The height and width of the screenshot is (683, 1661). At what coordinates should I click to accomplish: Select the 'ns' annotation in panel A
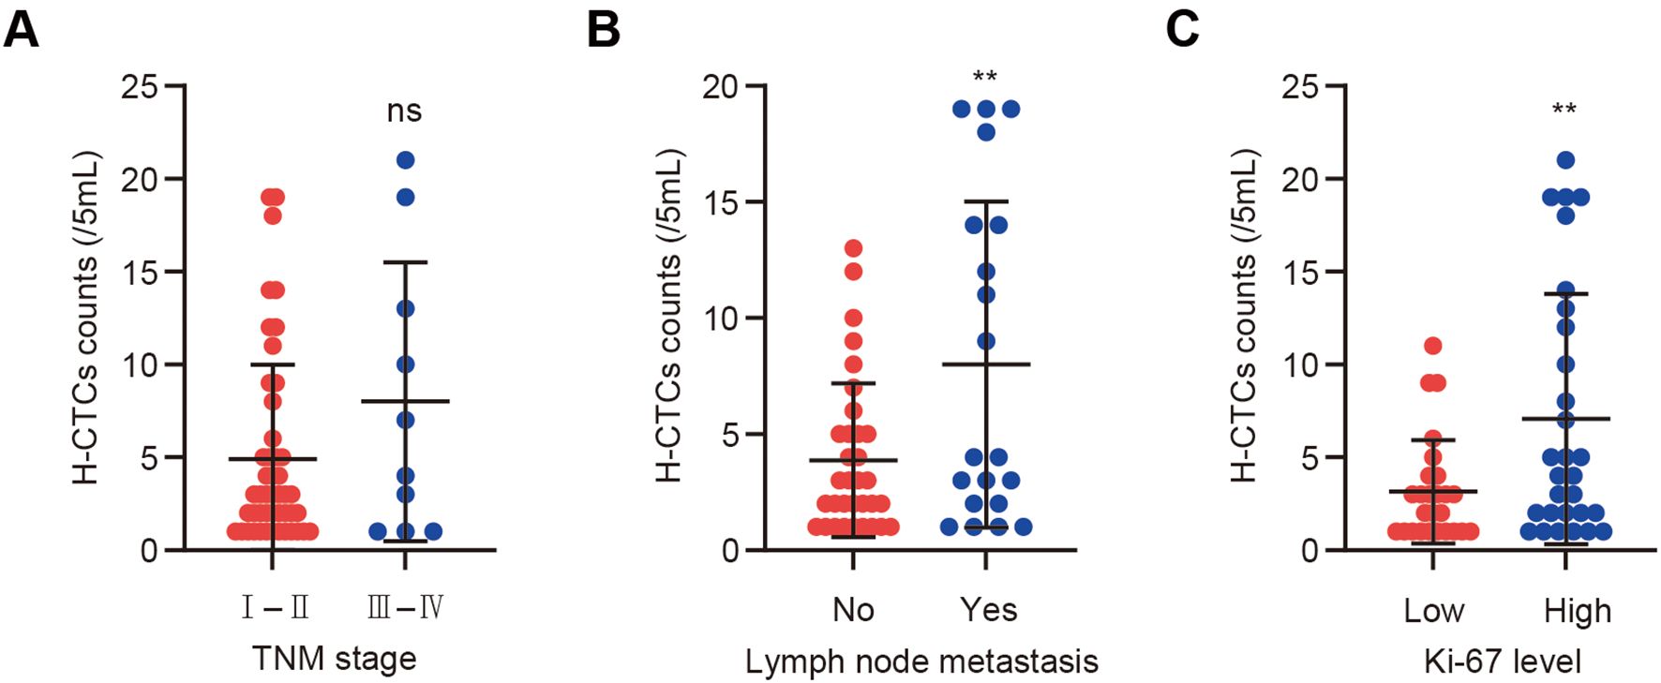click(x=404, y=111)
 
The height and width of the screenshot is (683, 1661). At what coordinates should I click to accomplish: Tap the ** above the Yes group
click(x=984, y=78)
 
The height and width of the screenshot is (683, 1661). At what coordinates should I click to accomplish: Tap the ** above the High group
click(x=1564, y=110)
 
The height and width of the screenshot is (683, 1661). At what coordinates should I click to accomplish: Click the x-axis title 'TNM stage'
click(x=334, y=658)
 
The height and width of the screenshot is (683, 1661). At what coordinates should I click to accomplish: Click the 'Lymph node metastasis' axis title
click(x=921, y=661)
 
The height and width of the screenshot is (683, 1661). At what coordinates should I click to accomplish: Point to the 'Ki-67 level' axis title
click(x=1502, y=661)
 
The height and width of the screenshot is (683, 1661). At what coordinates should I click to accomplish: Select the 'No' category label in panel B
click(x=853, y=610)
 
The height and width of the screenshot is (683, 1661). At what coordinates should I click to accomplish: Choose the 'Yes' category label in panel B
click(x=988, y=610)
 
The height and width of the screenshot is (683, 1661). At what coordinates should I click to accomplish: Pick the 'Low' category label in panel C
click(x=1433, y=611)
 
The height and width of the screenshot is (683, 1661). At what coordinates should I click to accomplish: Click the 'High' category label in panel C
click(x=1578, y=611)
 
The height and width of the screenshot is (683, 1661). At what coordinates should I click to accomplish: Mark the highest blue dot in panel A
click(x=405, y=160)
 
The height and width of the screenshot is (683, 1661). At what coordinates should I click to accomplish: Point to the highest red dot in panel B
click(x=853, y=248)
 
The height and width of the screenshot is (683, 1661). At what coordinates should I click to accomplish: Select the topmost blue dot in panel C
click(x=1564, y=160)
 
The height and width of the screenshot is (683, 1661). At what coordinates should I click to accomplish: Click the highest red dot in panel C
click(x=1432, y=346)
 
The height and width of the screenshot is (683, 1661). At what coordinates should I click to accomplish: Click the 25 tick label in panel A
click(x=140, y=87)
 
